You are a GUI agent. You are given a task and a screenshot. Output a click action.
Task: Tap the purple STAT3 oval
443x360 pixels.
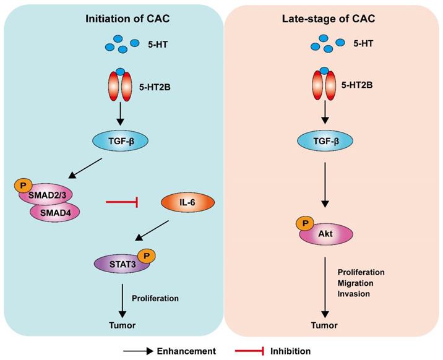(x=117, y=264)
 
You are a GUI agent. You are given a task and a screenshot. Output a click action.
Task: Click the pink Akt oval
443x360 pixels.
(x=327, y=234)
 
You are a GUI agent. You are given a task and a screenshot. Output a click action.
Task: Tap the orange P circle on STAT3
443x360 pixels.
(x=146, y=254)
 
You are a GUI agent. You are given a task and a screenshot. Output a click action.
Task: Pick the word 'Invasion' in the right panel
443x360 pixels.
(x=354, y=293)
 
